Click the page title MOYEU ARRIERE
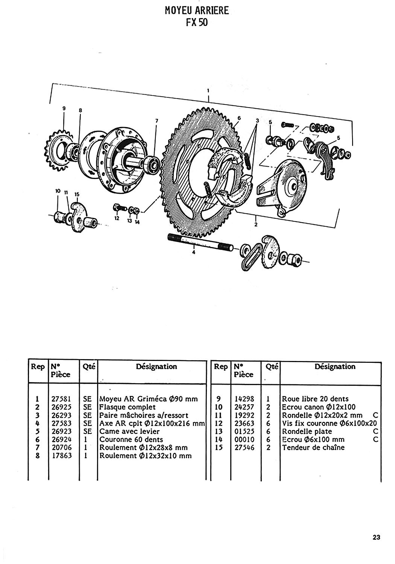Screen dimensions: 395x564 point(197,11)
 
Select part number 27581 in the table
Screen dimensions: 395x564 point(61,399)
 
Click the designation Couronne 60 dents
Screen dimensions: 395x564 point(131,440)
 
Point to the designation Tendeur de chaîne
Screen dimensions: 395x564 point(313,447)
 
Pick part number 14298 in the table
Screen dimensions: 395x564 point(245,399)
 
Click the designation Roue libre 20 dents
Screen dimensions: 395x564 point(315,399)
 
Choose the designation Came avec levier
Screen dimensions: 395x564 point(129,431)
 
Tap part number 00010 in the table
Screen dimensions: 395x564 point(245,440)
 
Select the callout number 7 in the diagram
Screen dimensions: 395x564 point(156,121)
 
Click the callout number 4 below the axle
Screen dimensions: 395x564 point(193,252)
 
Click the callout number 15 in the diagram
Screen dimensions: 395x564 point(77,194)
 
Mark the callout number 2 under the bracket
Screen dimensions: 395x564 point(256,224)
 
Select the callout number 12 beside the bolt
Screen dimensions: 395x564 point(117,218)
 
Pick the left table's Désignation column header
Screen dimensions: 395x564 point(156,366)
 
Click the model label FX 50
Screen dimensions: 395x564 point(197,23)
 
